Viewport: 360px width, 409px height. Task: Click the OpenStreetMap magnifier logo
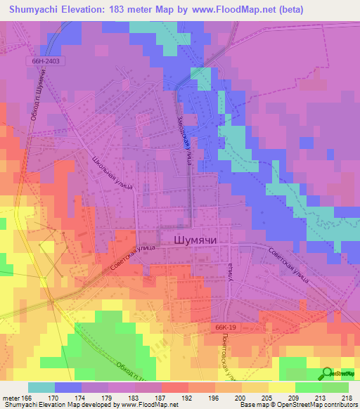pos(327,372)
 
